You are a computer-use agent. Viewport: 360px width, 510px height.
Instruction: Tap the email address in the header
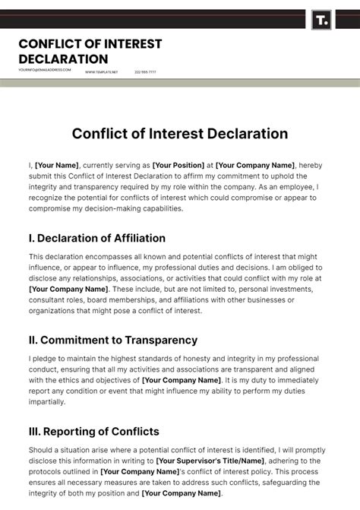[45, 70]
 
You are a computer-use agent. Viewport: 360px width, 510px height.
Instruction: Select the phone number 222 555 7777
[145, 71]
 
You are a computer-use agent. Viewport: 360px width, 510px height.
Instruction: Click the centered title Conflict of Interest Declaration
[180, 134]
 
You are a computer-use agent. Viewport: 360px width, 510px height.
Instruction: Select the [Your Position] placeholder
[178, 165]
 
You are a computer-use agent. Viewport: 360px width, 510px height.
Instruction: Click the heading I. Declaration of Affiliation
[96, 238]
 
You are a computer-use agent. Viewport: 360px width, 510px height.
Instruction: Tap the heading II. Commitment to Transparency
[113, 340]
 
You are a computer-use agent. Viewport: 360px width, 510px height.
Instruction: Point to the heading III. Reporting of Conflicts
[94, 431]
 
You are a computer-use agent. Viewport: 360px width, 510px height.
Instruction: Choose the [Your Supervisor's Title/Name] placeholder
[211, 461]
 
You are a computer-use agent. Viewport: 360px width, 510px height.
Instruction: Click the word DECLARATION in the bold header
[63, 59]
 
